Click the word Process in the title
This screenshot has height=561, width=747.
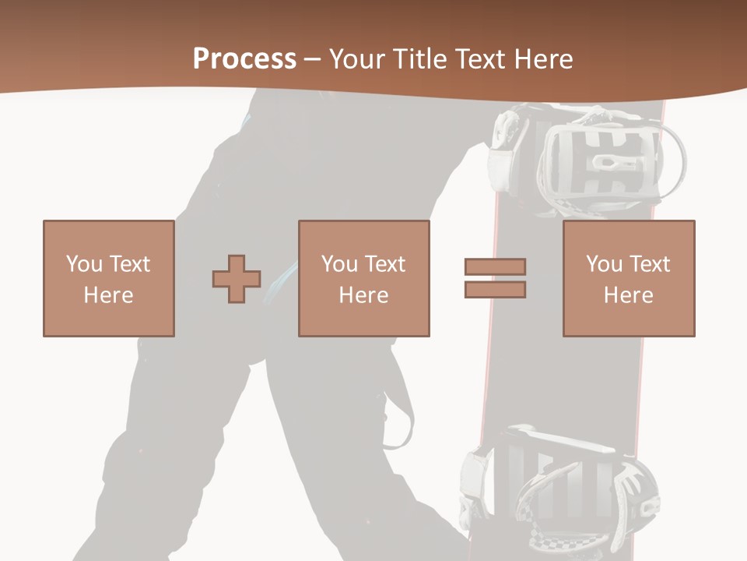coord(244,59)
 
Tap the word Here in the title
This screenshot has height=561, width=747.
coord(542,59)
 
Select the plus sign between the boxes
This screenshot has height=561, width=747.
coord(237,278)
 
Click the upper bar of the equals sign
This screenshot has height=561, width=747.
coord(495,266)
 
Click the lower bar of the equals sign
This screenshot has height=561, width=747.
coord(495,290)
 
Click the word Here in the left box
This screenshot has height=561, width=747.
coord(108,295)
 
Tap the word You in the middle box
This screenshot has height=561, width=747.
coord(339,264)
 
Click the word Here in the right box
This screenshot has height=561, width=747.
coord(628,295)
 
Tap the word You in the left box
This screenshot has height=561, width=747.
coord(84,264)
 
